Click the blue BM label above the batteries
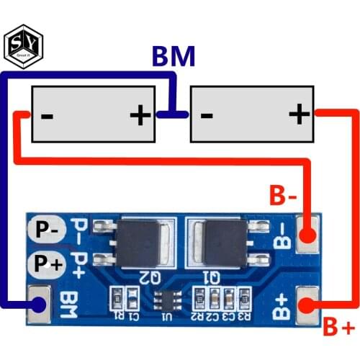pos(173,57)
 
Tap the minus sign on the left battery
pos(45,114)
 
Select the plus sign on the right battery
pos(298,114)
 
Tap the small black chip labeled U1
pos(167,299)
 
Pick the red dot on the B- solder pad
pos(309,236)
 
